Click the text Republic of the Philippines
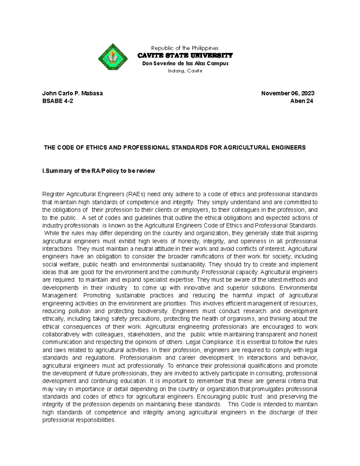[185, 48]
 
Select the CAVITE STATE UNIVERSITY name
[185, 56]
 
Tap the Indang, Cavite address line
[185, 71]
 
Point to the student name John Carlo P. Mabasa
[73, 93]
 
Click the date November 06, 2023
[288, 93]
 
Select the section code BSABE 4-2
[58, 101]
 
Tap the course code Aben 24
[301, 101]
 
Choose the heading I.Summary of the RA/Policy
[99, 171]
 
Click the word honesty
[189, 241]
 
